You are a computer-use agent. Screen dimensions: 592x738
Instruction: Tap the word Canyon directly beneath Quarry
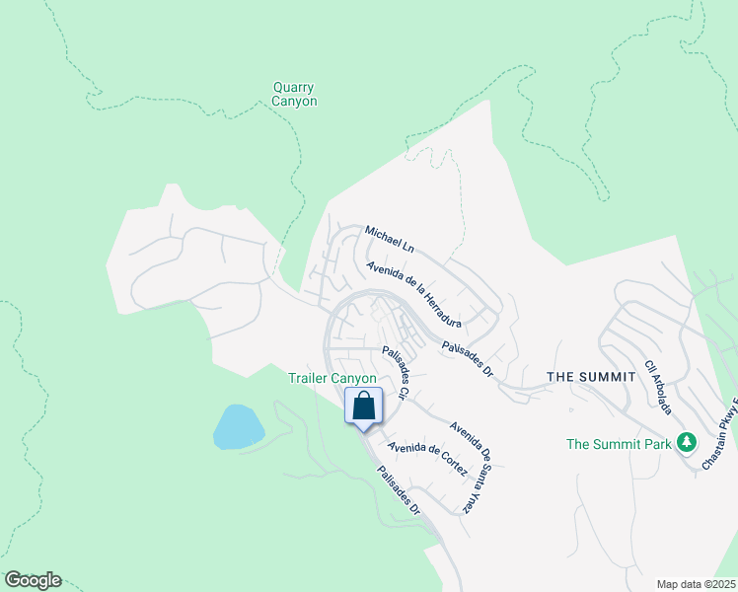295,101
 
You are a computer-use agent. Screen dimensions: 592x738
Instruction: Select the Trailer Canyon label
332,378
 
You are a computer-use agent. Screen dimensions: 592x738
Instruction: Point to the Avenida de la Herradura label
413,293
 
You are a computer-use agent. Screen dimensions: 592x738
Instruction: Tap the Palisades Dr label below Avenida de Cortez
400,490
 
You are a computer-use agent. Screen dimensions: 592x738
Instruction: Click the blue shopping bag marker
363,406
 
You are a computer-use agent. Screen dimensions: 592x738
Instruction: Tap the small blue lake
239,426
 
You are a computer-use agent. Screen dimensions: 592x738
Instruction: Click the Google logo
33,580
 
